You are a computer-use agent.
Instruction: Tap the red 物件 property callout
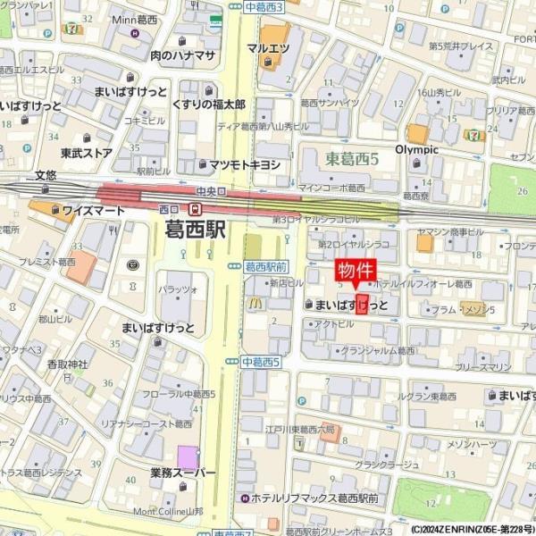click(356, 271)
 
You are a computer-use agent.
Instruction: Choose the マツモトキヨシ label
click(244, 164)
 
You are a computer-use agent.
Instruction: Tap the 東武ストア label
click(86, 153)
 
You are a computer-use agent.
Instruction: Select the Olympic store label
click(416, 149)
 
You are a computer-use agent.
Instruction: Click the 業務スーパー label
click(183, 473)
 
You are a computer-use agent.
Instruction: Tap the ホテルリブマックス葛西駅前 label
click(315, 498)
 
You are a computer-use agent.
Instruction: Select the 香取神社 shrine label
click(68, 364)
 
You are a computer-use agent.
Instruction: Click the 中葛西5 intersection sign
click(261, 362)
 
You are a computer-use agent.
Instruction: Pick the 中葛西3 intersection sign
click(262, 7)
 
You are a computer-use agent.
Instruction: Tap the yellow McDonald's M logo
click(254, 304)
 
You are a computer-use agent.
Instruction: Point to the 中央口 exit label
click(211, 190)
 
